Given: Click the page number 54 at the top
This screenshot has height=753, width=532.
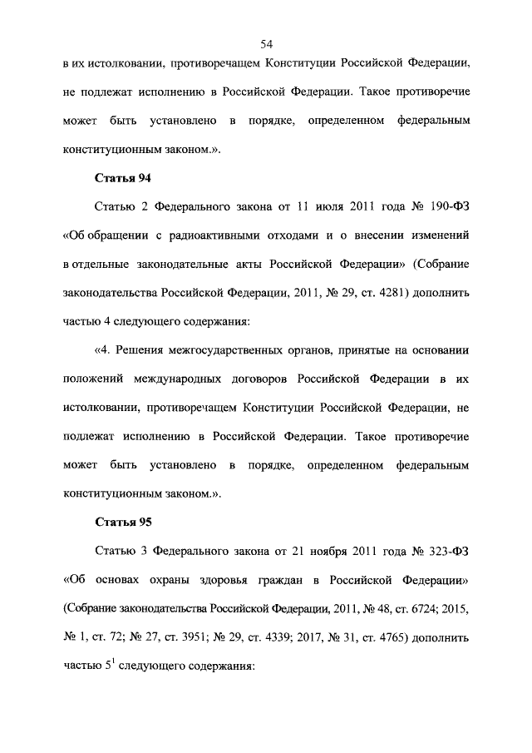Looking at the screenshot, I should pos(266,44).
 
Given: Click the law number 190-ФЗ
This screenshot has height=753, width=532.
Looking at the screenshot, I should pos(448,206).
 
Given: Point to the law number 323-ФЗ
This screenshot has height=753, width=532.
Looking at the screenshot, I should pos(447,550).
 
